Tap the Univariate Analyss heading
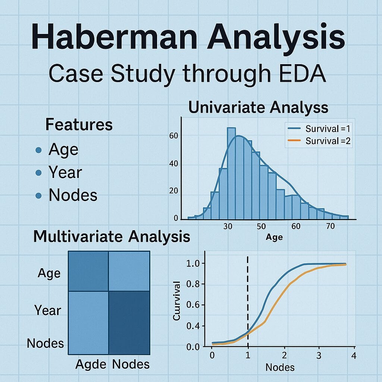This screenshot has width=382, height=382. [258, 107]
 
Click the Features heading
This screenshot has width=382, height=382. [79, 125]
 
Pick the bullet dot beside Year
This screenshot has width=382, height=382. [38, 173]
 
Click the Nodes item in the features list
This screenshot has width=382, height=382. [73, 195]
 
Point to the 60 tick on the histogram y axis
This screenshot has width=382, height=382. [173, 136]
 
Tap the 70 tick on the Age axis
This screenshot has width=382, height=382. [330, 226]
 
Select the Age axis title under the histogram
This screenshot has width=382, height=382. [274, 237]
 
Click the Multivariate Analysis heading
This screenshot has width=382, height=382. [112, 237]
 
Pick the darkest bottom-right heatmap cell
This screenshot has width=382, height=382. [129, 322]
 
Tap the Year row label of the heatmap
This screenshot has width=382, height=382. [48, 310]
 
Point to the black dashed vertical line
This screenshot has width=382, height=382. [247, 298]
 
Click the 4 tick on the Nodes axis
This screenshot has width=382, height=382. [354, 356]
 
